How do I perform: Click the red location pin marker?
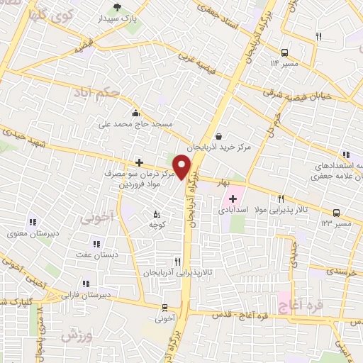click(182, 167)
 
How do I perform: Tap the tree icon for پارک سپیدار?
click(117, 9)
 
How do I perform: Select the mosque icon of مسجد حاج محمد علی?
click(135, 112)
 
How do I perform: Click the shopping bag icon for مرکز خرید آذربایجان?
click(218, 136)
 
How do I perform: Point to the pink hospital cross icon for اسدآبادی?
click(233, 199)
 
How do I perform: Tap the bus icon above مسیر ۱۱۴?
click(284, 52)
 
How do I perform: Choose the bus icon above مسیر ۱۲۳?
click(336, 212)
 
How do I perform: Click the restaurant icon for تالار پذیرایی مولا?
click(281, 199)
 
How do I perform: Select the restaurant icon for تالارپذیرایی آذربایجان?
click(177, 261)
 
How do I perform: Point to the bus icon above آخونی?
click(165, 307)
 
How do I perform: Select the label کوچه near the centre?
click(157, 224)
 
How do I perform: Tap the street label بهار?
click(225, 183)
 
